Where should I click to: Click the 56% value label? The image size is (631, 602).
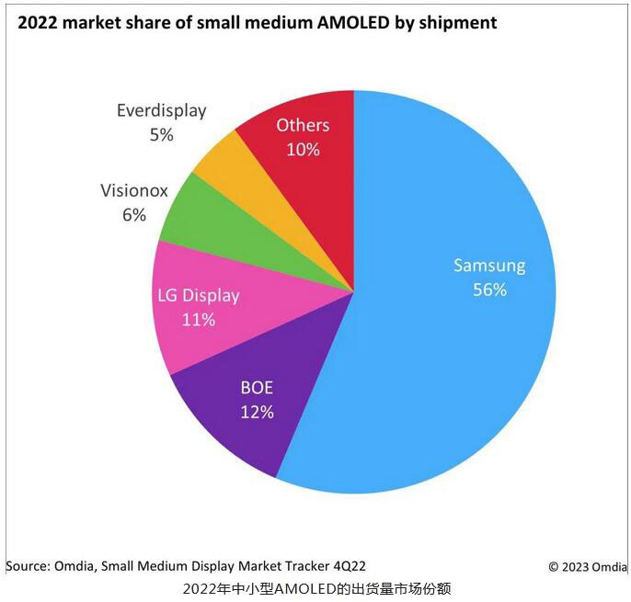pos(488,290)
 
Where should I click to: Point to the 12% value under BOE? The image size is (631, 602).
pos(257,411)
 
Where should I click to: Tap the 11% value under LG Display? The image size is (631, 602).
pos(198,319)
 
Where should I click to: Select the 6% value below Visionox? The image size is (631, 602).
pos(134,215)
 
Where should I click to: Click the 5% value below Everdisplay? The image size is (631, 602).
pos(161,134)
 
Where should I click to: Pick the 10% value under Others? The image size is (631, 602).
pos(302,149)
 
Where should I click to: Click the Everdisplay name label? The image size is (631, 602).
pos(161,111)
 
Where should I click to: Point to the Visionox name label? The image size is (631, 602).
pos(134,191)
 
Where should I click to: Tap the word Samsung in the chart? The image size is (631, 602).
pos(488,266)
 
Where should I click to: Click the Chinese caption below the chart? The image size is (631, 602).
pos(316,588)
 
